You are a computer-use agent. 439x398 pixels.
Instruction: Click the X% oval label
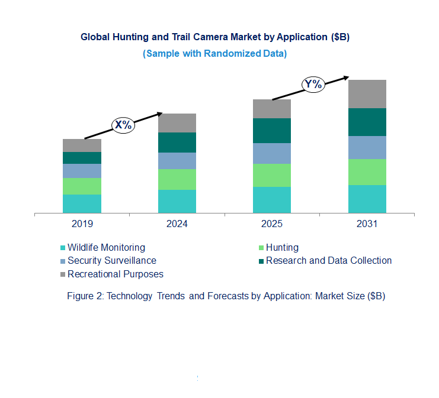(x=124, y=125)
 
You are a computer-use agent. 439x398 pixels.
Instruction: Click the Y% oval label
(x=313, y=84)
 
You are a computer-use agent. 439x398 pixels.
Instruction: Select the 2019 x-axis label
(x=82, y=224)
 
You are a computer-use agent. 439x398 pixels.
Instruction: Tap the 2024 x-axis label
(x=177, y=224)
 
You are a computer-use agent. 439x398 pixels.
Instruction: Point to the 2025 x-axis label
(x=272, y=224)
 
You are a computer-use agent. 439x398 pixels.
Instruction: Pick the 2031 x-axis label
(x=367, y=224)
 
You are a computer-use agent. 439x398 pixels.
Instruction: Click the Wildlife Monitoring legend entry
(x=105, y=247)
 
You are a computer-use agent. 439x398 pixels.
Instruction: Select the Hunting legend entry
(x=282, y=247)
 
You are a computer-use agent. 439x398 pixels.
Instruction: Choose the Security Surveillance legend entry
(x=111, y=260)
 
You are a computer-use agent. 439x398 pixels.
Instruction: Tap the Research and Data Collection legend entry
(x=328, y=260)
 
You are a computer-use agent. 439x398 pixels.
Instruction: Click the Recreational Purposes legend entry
(x=115, y=274)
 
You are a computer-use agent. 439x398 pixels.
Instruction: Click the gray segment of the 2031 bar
(x=367, y=93)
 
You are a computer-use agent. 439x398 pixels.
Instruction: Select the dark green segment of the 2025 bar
(x=272, y=131)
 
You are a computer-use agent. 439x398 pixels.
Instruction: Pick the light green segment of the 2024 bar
(x=177, y=179)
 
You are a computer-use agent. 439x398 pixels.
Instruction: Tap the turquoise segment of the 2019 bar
(x=82, y=203)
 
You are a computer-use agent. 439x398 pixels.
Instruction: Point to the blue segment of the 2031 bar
(x=367, y=147)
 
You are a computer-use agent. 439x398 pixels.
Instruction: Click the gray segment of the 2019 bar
(x=82, y=145)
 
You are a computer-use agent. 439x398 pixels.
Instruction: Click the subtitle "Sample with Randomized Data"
(x=214, y=53)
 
